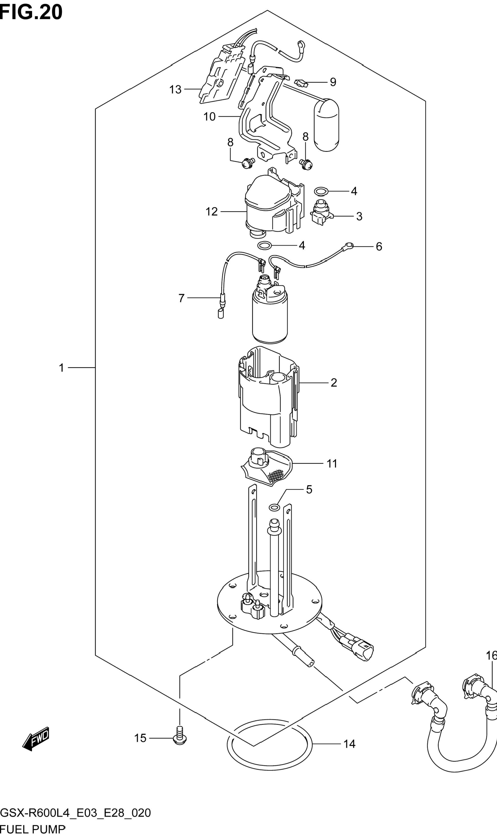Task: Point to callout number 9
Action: [333, 82]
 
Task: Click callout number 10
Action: [209, 117]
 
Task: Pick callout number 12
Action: [212, 211]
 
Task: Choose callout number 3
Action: [359, 216]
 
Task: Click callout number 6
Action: [379, 246]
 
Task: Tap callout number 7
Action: [181, 298]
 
